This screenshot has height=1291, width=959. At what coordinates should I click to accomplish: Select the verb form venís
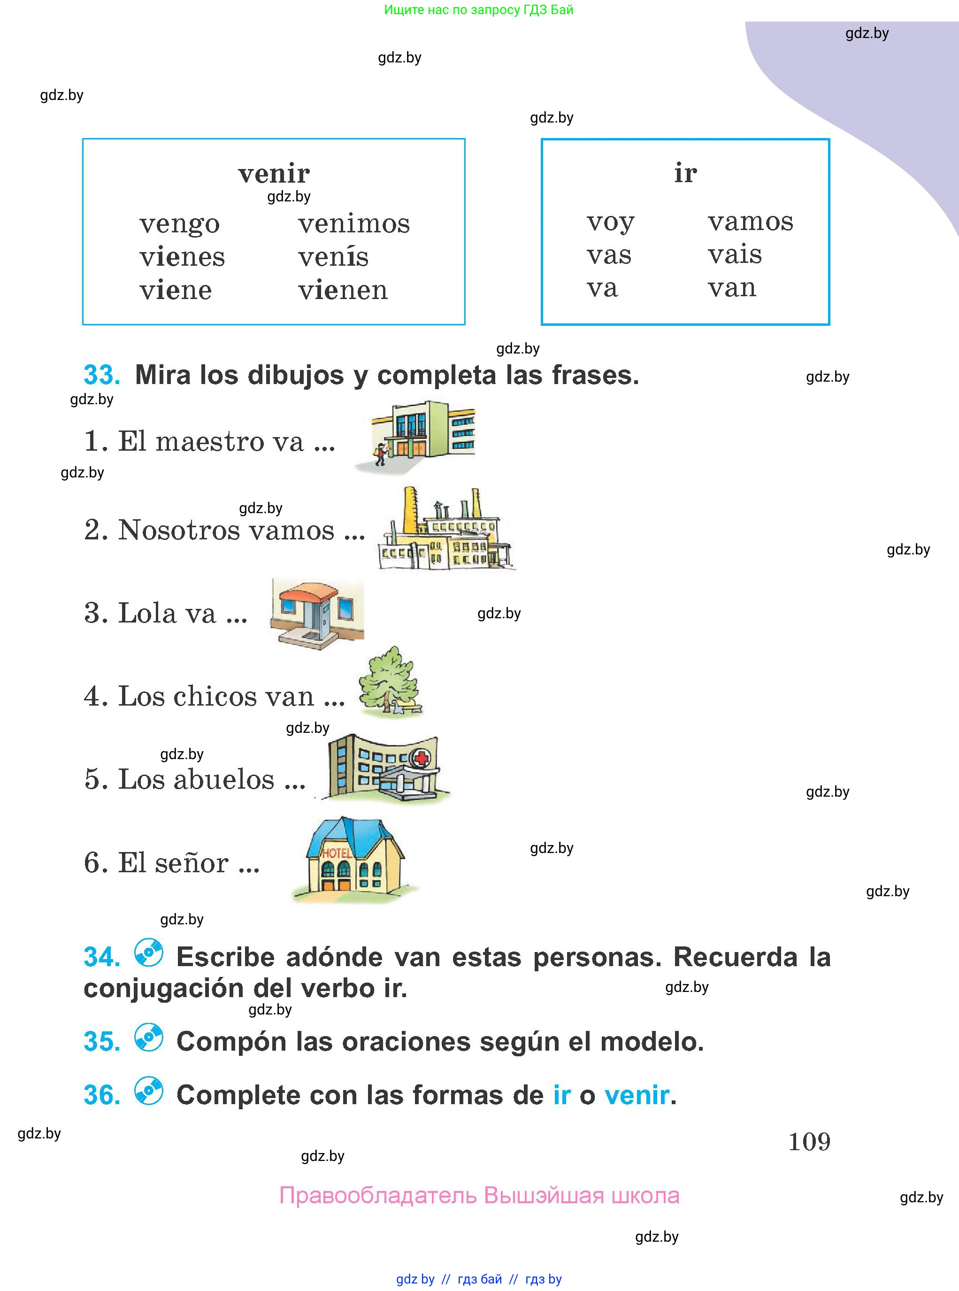333,257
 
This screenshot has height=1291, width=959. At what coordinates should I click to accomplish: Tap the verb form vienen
343,290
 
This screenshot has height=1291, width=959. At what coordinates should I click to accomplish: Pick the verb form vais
734,254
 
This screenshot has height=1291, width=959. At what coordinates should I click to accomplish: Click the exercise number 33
101,375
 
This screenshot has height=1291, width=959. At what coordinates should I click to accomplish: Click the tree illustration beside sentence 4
390,681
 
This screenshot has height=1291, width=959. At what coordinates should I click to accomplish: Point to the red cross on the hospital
421,758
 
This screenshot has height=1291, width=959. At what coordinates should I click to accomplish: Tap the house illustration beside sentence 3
317,613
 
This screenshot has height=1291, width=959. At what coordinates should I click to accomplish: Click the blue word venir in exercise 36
637,1095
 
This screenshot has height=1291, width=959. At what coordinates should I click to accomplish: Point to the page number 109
809,1142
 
